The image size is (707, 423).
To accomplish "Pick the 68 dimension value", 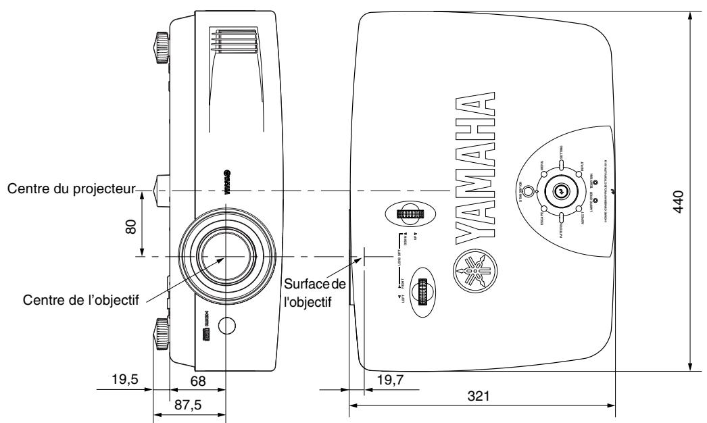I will pos(197,381).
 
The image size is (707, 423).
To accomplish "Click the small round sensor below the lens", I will pos(229,326).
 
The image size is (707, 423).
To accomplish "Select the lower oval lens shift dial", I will pos(422,293).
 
